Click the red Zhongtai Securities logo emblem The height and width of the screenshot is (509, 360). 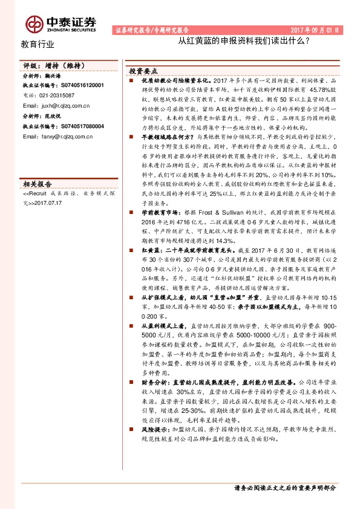[34, 23]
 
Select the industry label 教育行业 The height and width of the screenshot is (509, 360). [38, 44]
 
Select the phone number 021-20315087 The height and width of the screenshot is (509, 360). [57, 96]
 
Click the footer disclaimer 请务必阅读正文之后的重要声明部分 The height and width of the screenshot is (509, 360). [284, 487]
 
